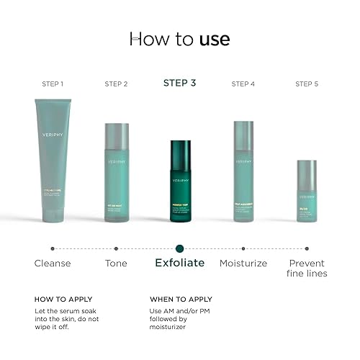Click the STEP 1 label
53,84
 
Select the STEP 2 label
116,84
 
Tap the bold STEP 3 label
180,84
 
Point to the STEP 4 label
243,84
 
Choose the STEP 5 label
307,84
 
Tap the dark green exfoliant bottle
180,184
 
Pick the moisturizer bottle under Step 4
243,174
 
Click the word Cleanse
53,264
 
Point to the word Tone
116,264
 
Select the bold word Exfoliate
180,264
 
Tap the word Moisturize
243,264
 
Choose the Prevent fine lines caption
307,269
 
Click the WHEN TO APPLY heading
181,299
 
